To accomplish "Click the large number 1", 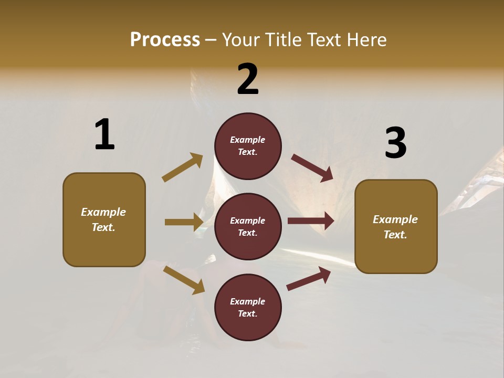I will [x=104, y=134].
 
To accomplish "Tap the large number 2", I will [x=248, y=79].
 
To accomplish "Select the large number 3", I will [x=395, y=143].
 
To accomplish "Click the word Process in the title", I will [x=165, y=39].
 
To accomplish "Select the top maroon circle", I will [x=248, y=146].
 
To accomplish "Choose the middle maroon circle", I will [x=248, y=226].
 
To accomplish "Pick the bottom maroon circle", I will [x=248, y=307].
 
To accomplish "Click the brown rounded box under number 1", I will [x=104, y=219].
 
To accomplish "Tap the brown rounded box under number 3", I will [x=396, y=226].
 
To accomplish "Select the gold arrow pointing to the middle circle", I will [x=184, y=222].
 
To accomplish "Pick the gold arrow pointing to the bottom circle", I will [x=184, y=279].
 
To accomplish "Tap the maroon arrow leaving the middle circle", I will [x=311, y=221].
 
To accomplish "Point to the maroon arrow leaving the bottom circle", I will [x=309, y=278].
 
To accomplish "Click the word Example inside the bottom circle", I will [x=247, y=301].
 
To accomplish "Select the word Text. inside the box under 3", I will [x=395, y=235].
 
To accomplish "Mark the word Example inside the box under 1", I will [x=103, y=212].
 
